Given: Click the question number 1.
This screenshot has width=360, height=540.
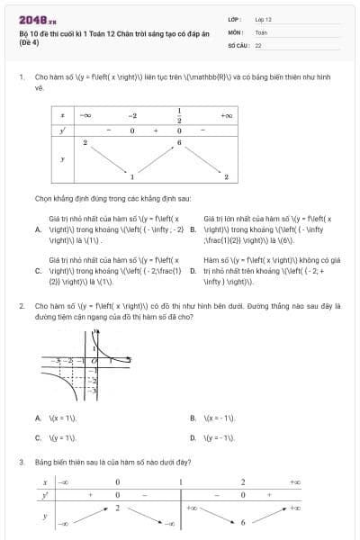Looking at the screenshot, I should [21, 77].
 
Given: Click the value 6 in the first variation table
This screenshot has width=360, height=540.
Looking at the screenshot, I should [180, 143].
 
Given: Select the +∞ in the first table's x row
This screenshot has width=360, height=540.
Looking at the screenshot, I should [227, 116].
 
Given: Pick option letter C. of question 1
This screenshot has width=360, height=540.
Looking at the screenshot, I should [38, 270].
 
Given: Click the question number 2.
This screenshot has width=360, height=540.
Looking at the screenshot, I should [21, 306].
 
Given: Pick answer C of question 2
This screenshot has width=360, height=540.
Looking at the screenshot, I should [38, 437].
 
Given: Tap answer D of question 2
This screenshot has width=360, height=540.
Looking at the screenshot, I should [193, 437].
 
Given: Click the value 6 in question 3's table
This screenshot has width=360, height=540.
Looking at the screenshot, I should [243, 521].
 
